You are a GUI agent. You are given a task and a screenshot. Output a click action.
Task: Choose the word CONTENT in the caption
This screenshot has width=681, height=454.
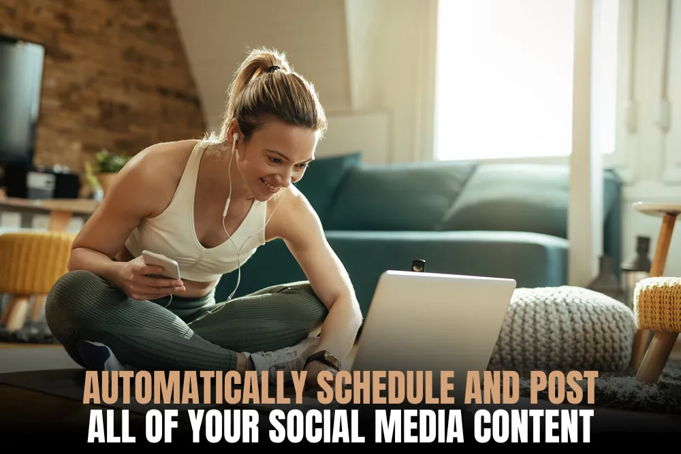[533, 426]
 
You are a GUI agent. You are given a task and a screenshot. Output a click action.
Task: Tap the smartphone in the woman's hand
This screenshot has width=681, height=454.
[161, 265]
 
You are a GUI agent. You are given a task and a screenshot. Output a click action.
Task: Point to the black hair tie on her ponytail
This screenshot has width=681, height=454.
[272, 69]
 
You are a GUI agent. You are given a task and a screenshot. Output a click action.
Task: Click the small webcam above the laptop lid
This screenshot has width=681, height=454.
[418, 265]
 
